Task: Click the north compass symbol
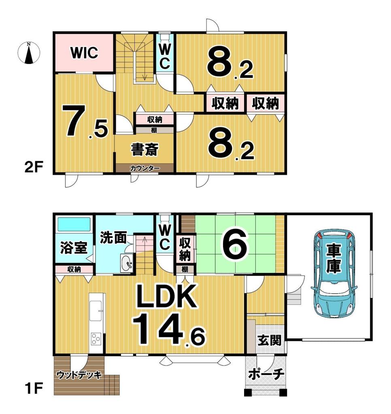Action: (29, 53)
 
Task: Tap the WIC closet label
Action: (84, 53)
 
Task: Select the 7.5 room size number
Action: (85, 121)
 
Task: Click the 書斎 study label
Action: (144, 150)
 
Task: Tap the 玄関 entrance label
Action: (270, 340)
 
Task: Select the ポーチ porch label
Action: (266, 374)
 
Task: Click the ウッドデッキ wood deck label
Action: (79, 375)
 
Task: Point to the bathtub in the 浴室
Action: (74, 224)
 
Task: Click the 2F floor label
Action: (34, 167)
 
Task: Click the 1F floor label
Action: (33, 389)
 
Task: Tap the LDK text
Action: (166, 296)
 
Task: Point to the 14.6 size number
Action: (168, 329)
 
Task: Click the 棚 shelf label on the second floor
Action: (154, 130)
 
